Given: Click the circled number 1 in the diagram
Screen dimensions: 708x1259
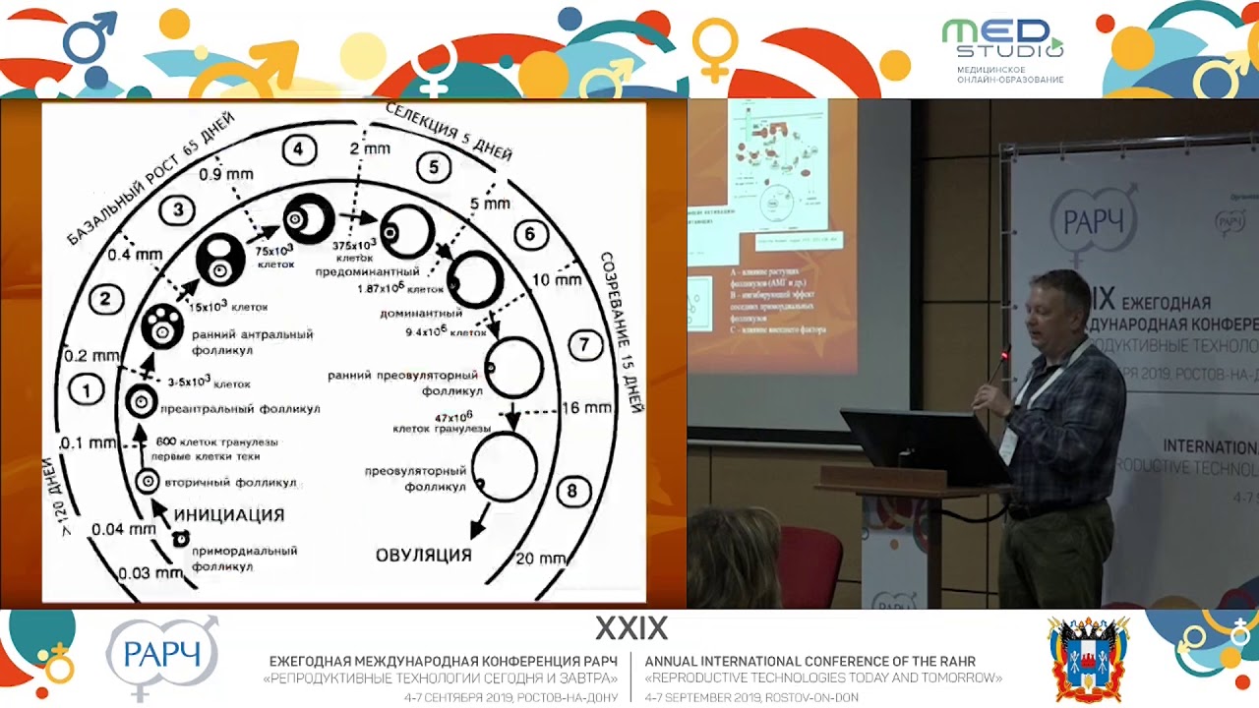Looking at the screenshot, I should pos(87,390).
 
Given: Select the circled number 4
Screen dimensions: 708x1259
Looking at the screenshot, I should pos(298,149).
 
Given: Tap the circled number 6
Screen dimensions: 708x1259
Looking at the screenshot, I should pos(530,234).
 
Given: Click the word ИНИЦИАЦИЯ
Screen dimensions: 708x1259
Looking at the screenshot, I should pos(229,514).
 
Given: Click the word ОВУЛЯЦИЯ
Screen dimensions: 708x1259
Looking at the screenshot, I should pos(424,555).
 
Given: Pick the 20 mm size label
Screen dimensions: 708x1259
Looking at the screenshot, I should pos(541,558).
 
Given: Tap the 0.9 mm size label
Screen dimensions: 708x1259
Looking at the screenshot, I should pos(226,174).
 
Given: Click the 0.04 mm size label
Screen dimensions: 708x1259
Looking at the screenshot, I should pos(123,529).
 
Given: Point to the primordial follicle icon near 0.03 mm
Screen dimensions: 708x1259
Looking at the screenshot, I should pos(180,538).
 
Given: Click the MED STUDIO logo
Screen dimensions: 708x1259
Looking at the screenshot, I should pos(1003,49).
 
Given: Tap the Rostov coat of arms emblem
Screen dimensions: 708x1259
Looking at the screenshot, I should pos(1088,659).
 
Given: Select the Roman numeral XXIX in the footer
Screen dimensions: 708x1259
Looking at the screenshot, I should pos(630,628).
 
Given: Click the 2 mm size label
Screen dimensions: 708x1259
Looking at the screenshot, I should pos(370,148).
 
